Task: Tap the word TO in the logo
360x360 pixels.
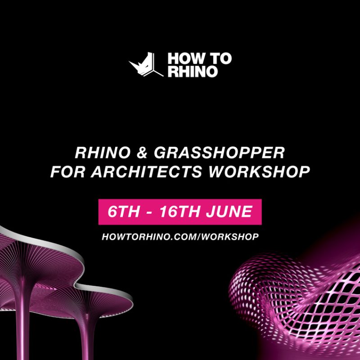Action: [x=221, y=58]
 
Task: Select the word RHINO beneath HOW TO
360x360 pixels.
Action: [x=193, y=71]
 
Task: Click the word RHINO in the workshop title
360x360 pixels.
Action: [x=103, y=153]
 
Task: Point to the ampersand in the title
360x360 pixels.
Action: [x=142, y=153]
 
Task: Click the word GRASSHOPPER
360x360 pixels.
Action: [x=219, y=153]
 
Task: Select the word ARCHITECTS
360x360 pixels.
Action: [x=147, y=171]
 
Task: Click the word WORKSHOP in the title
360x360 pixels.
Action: [x=259, y=171]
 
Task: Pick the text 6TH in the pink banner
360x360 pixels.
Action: [x=123, y=211]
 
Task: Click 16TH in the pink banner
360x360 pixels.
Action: [x=180, y=211]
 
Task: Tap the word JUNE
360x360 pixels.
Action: [x=229, y=211]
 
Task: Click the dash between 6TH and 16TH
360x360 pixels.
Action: [x=149, y=212]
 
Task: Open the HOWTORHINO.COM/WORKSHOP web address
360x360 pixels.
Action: [x=180, y=237]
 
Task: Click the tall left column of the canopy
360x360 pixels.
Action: [x=22, y=319]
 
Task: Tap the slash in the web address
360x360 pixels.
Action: [x=198, y=237]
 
